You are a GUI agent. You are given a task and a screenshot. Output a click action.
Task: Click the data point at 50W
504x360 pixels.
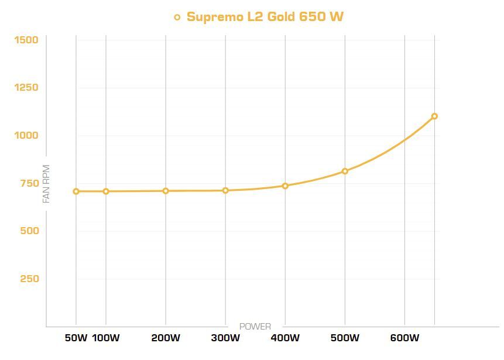click(76, 191)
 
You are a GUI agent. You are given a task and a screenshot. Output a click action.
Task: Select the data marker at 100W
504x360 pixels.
click(106, 191)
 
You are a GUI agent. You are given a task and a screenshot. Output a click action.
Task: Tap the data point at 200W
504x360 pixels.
click(166, 191)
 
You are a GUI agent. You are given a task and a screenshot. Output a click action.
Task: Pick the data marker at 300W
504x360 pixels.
click(225, 190)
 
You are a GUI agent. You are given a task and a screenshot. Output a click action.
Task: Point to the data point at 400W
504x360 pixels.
click(285, 186)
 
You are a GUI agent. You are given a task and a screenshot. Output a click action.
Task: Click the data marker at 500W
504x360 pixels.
click(345, 172)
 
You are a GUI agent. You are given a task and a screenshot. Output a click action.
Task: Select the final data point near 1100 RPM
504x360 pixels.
click(434, 116)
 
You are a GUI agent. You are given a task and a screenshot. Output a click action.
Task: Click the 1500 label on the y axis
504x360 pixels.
click(26, 40)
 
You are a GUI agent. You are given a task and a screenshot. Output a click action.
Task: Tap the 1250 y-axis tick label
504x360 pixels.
click(26, 88)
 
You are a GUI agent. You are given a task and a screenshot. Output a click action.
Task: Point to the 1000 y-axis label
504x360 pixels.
click(26, 135)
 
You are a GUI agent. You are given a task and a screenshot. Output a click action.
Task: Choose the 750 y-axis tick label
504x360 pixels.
click(29, 183)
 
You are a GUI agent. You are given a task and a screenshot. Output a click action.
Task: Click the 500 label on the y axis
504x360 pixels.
click(29, 231)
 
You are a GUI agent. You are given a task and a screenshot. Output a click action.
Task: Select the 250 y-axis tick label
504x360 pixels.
click(29, 279)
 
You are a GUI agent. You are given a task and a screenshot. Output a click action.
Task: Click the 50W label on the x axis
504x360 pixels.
click(76, 338)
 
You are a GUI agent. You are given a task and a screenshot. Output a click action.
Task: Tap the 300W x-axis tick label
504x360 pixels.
click(225, 338)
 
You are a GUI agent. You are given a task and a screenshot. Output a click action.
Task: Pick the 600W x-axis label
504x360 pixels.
click(404, 338)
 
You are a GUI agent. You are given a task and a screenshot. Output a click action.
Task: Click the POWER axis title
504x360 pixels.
click(255, 326)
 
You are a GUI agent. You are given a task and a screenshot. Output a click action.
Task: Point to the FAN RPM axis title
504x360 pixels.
click(47, 184)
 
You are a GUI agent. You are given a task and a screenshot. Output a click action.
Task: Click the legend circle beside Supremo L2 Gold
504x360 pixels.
click(177, 17)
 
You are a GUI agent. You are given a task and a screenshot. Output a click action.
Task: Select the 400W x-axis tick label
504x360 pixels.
click(285, 338)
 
